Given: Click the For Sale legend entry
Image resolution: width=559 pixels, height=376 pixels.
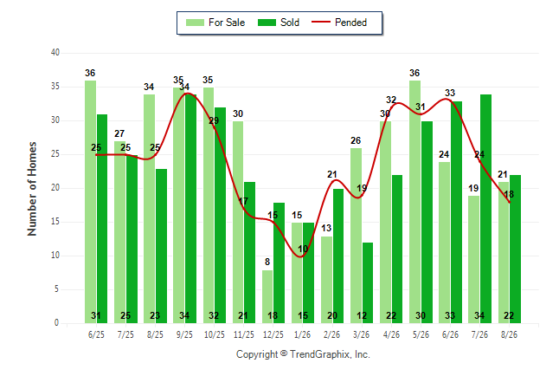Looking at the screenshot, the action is click(x=215, y=23).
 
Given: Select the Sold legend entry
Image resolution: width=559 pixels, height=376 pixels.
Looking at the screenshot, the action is click(x=279, y=23).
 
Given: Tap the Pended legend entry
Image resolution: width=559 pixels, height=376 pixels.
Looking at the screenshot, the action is click(x=339, y=23).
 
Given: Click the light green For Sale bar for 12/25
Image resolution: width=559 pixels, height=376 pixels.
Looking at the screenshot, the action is click(x=267, y=297).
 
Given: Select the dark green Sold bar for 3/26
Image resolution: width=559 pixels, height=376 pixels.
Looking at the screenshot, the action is click(x=368, y=282).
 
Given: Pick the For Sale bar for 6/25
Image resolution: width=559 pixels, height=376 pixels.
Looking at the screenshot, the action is click(x=91, y=202).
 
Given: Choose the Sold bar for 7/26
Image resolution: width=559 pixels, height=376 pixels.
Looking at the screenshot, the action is click(x=485, y=209).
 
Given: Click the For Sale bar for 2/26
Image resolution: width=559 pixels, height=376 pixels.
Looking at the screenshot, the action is click(x=326, y=280).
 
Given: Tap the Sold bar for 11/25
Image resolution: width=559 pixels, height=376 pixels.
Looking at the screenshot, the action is click(x=249, y=252).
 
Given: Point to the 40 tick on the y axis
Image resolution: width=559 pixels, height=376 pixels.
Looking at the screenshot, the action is click(x=55, y=53).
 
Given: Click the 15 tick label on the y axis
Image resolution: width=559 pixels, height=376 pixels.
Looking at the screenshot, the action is click(x=55, y=222).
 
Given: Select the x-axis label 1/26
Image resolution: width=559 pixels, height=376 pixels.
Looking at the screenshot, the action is click(x=302, y=334).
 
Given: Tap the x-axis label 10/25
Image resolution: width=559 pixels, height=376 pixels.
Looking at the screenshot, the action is click(x=215, y=334).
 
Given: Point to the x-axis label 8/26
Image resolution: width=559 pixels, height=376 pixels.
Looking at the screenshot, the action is click(x=509, y=334).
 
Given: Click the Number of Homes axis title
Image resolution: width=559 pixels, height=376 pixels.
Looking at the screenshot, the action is click(x=32, y=189).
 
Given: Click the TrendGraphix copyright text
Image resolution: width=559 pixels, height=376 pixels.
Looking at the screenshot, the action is click(x=303, y=354).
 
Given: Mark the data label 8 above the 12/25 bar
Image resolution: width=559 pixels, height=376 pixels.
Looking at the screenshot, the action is click(x=267, y=263).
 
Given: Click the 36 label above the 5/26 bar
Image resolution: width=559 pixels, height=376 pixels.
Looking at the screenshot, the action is click(x=414, y=73).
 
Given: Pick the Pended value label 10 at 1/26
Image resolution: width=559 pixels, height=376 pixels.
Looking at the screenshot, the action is click(x=303, y=249).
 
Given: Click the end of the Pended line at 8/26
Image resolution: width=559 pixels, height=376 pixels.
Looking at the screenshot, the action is click(x=510, y=202).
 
